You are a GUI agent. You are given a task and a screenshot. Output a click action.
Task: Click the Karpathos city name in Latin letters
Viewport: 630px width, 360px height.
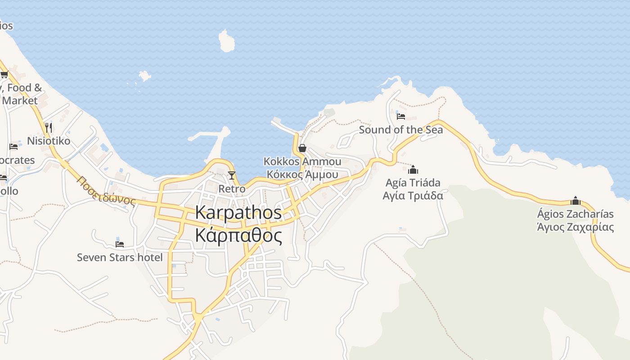pos(238,213)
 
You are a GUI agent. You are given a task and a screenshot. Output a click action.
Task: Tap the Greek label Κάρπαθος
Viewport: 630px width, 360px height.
pos(238,235)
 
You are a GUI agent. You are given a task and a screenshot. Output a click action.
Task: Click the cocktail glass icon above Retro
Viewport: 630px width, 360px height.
pos(232,175)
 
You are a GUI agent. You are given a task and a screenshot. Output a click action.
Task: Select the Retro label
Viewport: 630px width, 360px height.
pos(232,189)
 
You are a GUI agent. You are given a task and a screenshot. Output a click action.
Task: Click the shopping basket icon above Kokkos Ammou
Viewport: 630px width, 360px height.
pos(302,148)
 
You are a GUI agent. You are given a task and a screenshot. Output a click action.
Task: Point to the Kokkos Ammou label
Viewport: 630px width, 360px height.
pos(302,162)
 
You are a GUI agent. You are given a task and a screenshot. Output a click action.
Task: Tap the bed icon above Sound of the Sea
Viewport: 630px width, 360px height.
pos(401,117)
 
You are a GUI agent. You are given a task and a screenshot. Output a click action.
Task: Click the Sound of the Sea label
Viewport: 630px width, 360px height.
pos(401,130)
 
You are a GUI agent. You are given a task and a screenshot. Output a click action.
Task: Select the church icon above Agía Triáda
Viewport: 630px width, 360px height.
pos(413,170)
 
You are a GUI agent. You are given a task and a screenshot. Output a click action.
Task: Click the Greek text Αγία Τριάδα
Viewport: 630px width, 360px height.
pos(413,196)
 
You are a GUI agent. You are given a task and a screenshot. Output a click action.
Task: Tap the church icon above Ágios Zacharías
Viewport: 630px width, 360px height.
pos(575,201)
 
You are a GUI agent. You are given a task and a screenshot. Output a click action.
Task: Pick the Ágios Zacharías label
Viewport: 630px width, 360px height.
pos(575,214)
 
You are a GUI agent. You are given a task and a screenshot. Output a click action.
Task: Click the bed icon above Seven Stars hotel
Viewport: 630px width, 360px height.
pos(120,244)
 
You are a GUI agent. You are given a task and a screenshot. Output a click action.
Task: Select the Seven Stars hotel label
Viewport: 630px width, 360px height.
pos(120,257)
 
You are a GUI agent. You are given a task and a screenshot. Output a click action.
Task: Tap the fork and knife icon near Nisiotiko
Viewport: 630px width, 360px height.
pos(49,128)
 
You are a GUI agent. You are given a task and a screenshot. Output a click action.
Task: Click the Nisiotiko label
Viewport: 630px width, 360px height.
pos(49,141)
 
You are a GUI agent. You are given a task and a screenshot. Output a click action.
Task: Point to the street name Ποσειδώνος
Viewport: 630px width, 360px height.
pos(106,191)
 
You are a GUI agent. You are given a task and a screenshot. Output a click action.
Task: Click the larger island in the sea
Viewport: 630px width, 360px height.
pos(227,41)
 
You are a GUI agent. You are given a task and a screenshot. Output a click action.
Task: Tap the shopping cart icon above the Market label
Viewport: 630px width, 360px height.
pos(4,75)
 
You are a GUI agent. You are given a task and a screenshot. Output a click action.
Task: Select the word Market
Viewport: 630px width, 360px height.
pos(20,101)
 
